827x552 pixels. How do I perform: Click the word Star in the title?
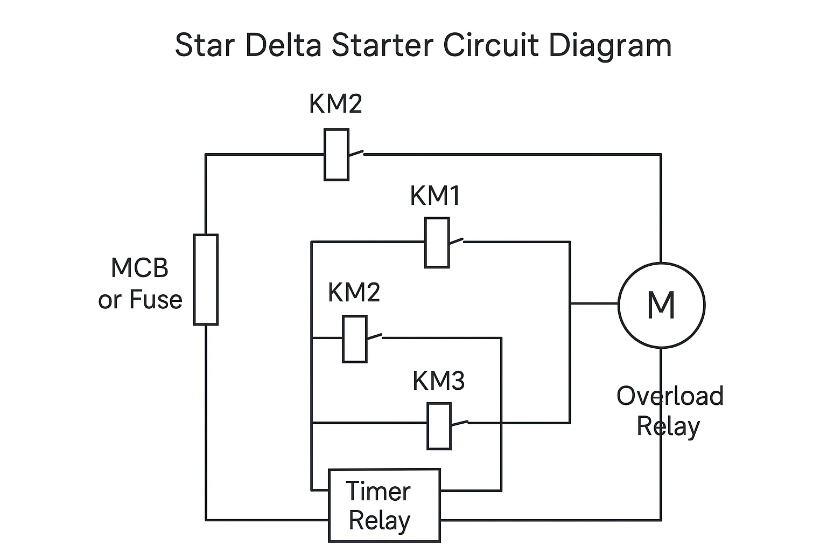click(x=205, y=45)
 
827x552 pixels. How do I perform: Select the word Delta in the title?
click(x=283, y=45)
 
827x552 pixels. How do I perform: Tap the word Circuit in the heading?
click(x=490, y=45)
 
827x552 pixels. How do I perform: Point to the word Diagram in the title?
click(x=610, y=46)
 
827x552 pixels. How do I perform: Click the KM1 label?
click(x=435, y=196)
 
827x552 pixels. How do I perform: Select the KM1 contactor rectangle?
click(x=437, y=243)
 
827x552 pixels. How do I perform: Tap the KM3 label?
click(x=438, y=381)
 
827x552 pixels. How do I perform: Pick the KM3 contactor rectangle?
click(x=439, y=426)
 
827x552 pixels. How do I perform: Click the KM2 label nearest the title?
click(x=335, y=103)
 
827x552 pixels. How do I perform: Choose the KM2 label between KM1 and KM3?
click(x=354, y=292)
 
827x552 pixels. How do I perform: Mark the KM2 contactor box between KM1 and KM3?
click(x=355, y=339)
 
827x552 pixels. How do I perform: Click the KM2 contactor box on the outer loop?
click(x=337, y=155)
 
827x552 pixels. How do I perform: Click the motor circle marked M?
click(x=661, y=305)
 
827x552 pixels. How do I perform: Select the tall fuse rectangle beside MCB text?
click(x=206, y=279)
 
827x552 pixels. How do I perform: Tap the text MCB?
click(x=139, y=268)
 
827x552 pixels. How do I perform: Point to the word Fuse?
click(x=156, y=300)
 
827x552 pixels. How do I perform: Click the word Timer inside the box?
click(x=378, y=491)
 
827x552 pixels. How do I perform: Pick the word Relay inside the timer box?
click(x=380, y=521)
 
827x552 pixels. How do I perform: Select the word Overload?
click(x=670, y=396)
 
